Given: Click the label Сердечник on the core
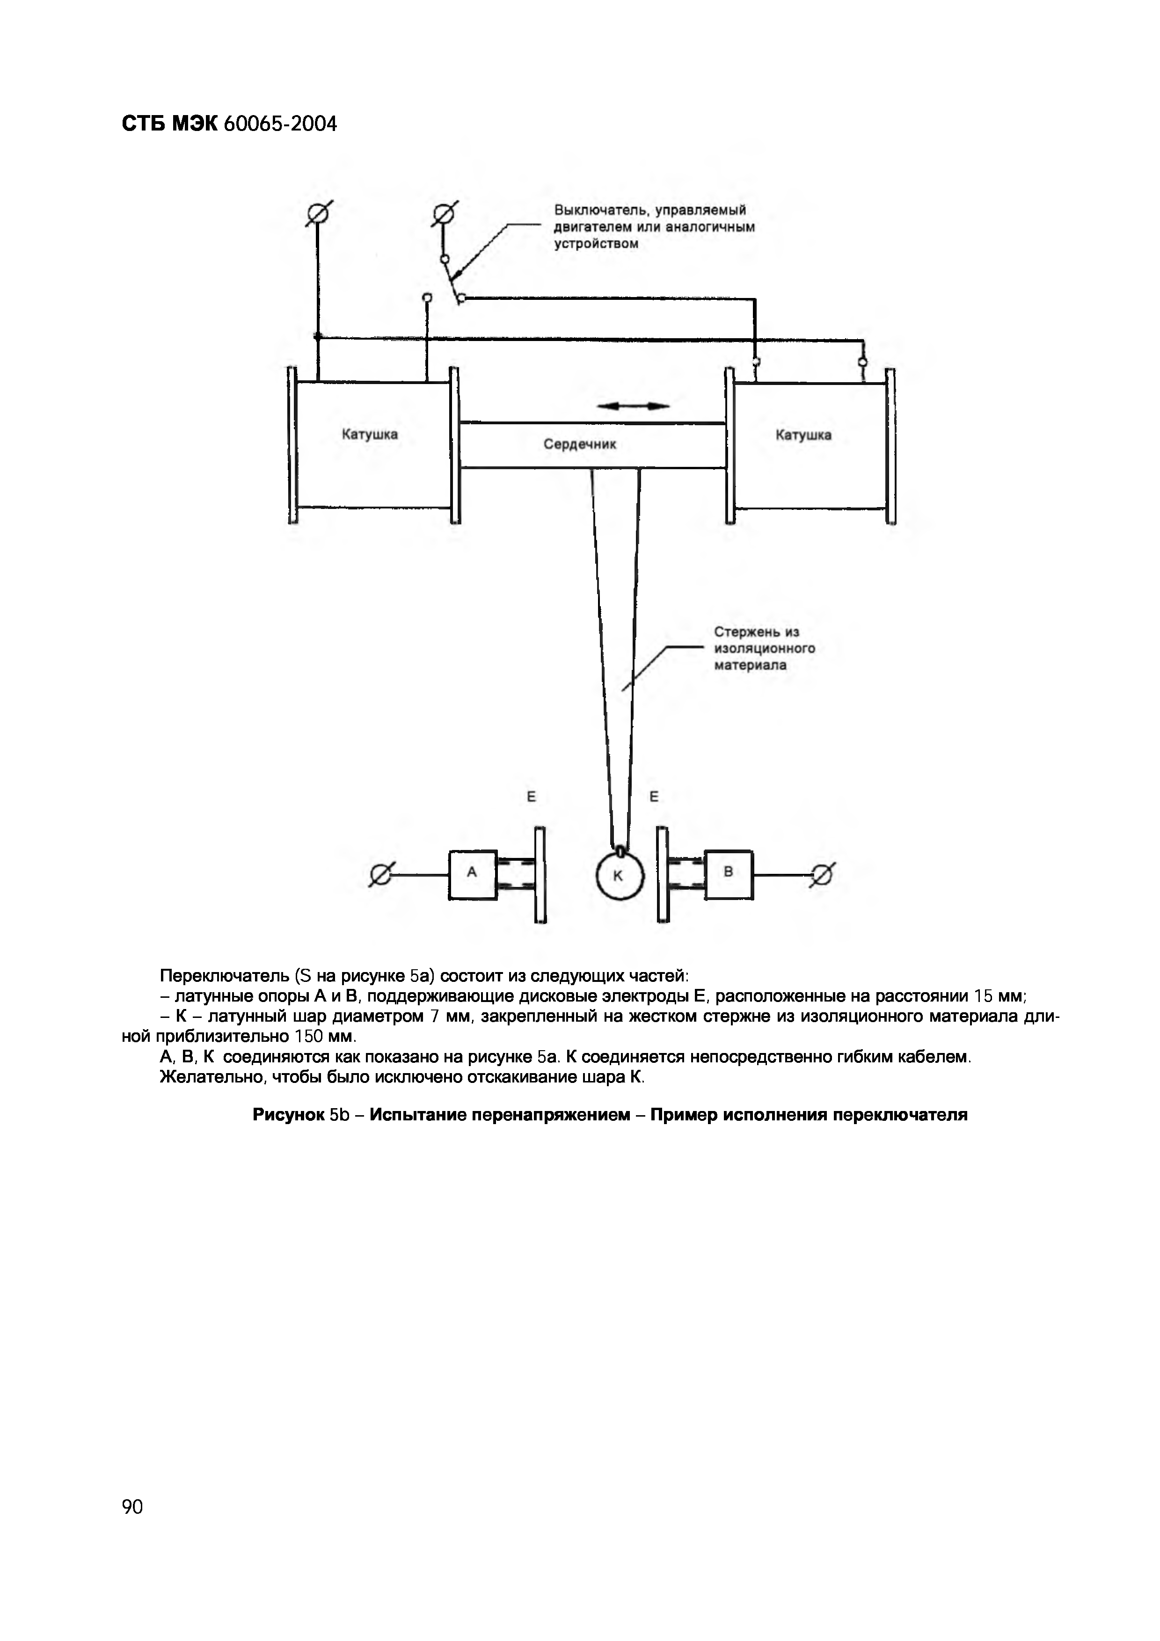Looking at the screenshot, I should [x=580, y=444].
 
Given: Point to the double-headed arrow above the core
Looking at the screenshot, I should [x=633, y=406].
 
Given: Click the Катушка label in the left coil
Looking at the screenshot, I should [x=370, y=435].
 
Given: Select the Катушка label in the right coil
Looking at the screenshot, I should [x=803, y=435].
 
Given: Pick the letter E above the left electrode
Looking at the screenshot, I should [x=531, y=796].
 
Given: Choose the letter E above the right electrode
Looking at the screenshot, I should [x=654, y=796].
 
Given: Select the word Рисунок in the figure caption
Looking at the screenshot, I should [x=288, y=1115].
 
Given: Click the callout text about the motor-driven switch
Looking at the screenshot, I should [x=654, y=226].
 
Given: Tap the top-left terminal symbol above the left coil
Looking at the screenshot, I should [x=318, y=214].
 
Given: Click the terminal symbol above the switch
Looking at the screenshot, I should [x=444, y=214].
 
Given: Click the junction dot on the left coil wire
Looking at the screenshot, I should [x=318, y=336].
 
